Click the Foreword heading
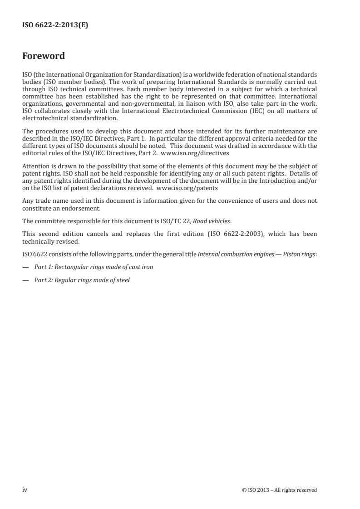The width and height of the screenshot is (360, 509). point(44,56)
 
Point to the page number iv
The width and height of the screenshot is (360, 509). point(25,489)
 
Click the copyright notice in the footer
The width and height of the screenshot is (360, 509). point(280,490)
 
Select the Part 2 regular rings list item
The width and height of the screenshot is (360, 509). point(82,280)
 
